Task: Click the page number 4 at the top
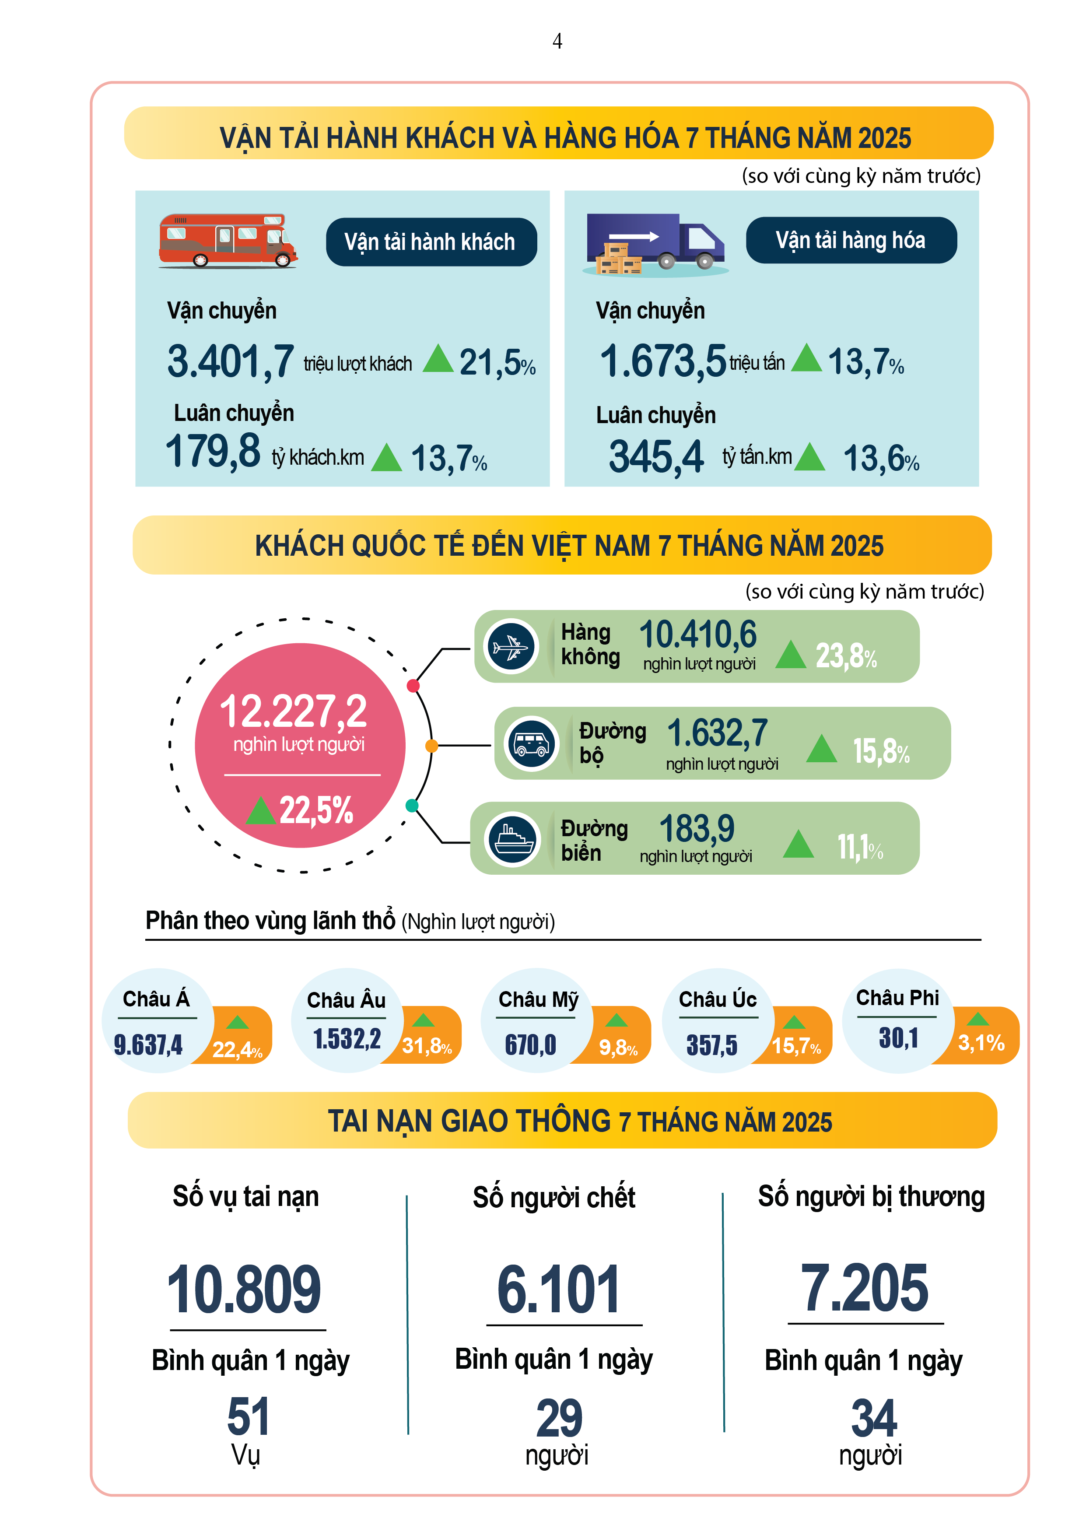click(x=557, y=42)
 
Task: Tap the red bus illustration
click(x=228, y=241)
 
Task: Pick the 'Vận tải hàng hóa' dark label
click(x=851, y=240)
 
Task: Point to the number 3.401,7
click(x=230, y=362)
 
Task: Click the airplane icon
click(x=511, y=646)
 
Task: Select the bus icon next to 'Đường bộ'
click(x=532, y=743)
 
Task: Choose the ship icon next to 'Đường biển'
click(x=512, y=838)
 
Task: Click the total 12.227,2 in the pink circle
click(x=294, y=711)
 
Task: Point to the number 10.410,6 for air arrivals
click(x=697, y=634)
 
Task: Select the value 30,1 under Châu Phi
click(x=898, y=1037)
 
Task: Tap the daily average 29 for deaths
click(x=559, y=1418)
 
